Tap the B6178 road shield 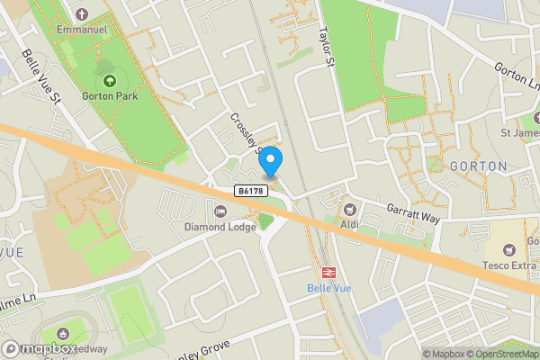click(253, 191)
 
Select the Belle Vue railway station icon click(328, 271)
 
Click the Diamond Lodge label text click(220, 227)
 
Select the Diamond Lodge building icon click(220, 211)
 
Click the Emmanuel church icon click(83, 14)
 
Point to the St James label click(519, 133)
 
